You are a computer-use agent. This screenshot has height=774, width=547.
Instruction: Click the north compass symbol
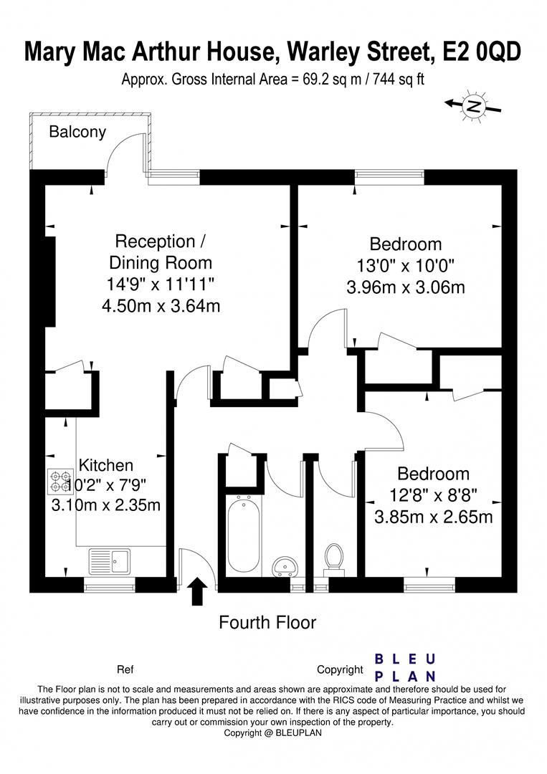click(472, 105)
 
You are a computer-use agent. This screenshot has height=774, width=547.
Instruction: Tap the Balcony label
click(77, 132)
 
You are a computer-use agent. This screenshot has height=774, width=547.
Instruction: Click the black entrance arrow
click(197, 593)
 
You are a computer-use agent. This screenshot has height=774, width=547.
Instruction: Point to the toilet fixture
click(334, 559)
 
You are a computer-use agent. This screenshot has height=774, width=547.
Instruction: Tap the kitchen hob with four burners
click(58, 480)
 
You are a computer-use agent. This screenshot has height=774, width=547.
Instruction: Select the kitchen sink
click(110, 560)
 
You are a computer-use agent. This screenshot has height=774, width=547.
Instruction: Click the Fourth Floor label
click(267, 622)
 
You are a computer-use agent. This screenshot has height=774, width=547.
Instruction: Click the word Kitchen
click(105, 464)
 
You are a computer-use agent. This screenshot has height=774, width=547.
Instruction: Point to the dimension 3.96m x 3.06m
click(405, 287)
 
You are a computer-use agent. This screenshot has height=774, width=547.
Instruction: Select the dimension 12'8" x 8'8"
click(433, 494)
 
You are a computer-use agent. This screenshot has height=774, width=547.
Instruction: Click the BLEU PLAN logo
click(406, 667)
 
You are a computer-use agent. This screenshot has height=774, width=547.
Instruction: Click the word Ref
click(125, 670)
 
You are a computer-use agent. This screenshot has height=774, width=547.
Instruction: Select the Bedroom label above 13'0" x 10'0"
click(405, 244)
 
